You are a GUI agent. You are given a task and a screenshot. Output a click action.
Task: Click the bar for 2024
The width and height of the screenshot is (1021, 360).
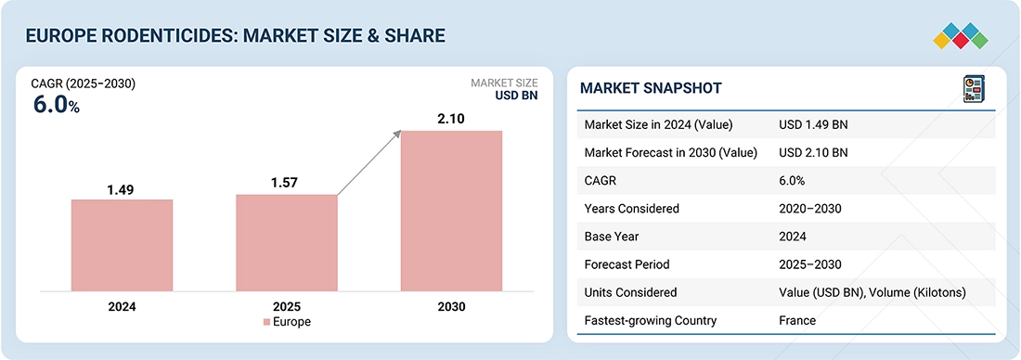[122, 245]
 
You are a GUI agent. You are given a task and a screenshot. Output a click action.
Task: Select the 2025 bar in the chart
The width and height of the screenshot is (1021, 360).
[287, 242]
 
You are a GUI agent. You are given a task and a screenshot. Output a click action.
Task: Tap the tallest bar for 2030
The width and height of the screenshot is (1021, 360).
[451, 211]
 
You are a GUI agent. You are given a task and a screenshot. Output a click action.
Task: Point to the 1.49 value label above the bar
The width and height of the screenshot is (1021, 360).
[122, 189]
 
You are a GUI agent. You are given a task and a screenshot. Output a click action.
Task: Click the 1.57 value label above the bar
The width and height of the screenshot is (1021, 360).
[285, 183]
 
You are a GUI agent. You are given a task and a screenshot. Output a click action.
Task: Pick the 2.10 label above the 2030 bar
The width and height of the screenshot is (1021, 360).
[451, 119]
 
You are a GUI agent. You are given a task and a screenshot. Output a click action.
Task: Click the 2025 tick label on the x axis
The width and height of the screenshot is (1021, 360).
[287, 306]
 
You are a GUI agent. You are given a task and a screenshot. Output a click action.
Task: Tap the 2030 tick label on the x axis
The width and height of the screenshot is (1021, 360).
[451, 306]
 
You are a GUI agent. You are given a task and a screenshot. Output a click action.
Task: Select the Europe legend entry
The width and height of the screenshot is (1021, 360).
[287, 322]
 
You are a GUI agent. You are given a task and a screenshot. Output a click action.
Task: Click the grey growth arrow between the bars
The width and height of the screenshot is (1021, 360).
[369, 162]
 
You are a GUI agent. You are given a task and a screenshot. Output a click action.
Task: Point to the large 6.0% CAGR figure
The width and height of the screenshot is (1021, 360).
[57, 105]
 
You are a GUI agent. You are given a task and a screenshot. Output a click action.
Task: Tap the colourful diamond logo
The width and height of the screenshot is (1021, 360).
[961, 36]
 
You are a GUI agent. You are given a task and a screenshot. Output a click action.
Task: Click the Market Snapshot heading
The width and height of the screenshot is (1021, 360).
[651, 88]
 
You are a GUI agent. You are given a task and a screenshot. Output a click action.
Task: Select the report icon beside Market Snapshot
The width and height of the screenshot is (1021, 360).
[974, 88]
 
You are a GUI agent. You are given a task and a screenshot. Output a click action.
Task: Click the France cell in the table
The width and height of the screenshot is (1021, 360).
[797, 320]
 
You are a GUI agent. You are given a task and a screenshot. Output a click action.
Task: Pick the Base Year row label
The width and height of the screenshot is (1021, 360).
[613, 237]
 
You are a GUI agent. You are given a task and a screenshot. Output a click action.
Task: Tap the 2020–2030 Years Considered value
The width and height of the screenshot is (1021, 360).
[810, 209]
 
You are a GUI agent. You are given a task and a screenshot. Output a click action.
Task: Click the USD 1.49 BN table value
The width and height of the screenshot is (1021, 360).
[813, 125]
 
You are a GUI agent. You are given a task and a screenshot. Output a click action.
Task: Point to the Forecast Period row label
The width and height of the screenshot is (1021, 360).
[627, 264]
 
